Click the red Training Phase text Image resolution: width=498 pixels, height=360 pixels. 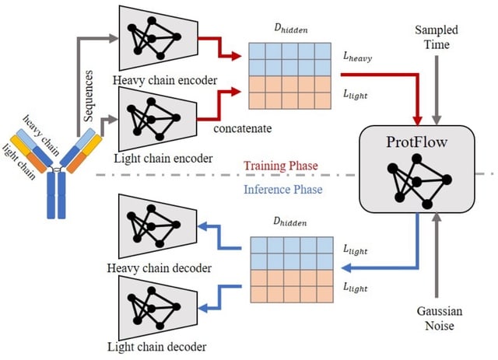[278, 166]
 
